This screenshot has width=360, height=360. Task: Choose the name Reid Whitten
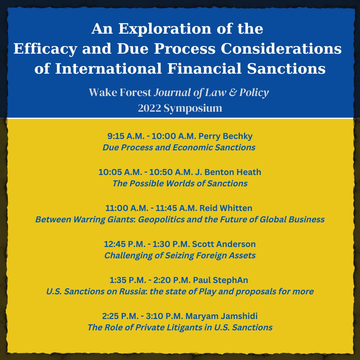pos(226,208)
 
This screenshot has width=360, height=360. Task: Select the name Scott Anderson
pos(224,244)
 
